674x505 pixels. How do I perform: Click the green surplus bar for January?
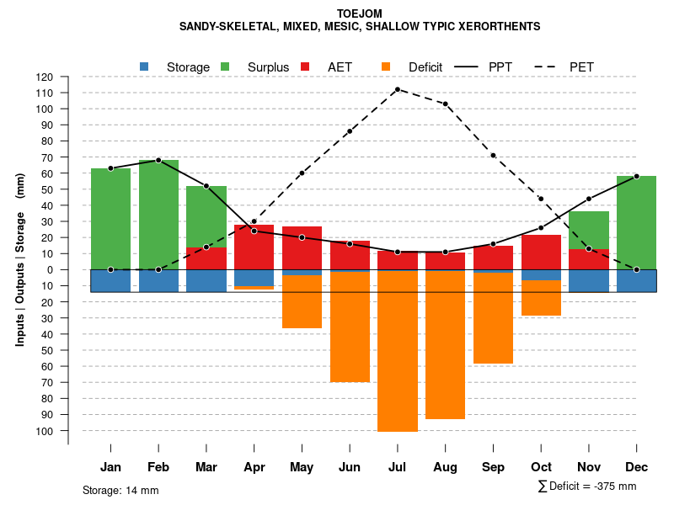tap(110, 219)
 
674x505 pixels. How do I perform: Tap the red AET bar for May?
tap(302, 250)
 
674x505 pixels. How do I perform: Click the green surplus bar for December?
tap(636, 222)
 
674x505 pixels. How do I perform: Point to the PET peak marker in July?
tap(398, 89)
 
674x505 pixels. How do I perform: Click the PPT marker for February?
tap(158, 160)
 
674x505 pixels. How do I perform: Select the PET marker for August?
tap(445, 104)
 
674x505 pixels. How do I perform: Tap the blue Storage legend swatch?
tap(144, 66)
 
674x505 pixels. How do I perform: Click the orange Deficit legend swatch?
tap(386, 66)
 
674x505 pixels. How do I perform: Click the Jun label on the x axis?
tap(350, 467)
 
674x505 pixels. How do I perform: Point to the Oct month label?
tap(541, 467)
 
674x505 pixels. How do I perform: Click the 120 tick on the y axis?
tap(68, 77)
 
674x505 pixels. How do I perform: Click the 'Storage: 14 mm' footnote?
tap(120, 490)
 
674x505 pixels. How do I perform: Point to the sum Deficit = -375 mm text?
tap(587, 486)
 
